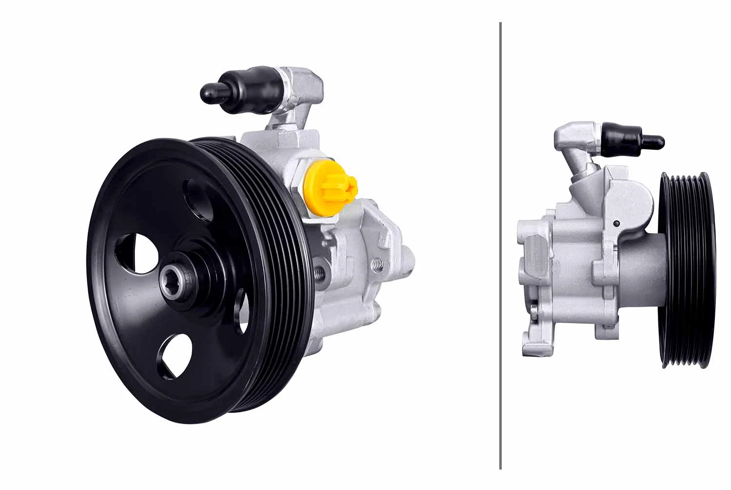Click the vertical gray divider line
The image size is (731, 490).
point(500,244)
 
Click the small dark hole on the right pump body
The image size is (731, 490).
point(617,224)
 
